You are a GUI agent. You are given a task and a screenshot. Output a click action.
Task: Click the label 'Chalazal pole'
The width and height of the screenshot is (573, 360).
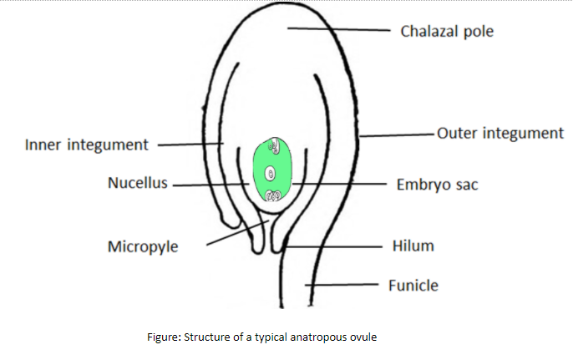(447, 32)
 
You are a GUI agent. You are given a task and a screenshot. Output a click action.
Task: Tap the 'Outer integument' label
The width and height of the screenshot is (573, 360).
(500, 134)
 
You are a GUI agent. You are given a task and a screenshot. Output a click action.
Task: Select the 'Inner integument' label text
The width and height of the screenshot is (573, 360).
(87, 145)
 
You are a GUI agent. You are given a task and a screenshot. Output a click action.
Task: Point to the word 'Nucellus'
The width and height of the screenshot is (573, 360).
(138, 183)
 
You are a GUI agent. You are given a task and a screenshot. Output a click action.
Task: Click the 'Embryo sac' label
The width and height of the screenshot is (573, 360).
(438, 185)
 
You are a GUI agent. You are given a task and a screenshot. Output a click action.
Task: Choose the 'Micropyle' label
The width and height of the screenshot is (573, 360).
(143, 247)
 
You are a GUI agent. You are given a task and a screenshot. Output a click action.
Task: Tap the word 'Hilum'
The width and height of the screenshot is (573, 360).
(413, 246)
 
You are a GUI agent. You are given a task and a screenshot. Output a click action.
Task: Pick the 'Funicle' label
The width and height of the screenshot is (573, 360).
(413, 286)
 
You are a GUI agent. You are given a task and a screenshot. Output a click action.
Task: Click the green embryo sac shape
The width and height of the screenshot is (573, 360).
(272, 170)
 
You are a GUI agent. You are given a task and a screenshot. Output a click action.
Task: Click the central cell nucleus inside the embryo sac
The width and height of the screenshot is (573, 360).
(270, 173)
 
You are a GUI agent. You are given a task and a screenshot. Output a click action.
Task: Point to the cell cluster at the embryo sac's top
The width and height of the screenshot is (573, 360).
(275, 145)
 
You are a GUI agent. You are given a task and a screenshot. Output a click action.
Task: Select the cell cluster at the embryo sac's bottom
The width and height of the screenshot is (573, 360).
(273, 196)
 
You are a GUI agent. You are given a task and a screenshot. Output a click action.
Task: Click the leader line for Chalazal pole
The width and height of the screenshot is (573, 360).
(339, 29)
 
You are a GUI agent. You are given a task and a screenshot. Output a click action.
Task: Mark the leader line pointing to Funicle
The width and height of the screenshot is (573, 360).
(342, 284)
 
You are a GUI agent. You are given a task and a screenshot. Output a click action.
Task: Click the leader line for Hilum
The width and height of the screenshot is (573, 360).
(332, 246)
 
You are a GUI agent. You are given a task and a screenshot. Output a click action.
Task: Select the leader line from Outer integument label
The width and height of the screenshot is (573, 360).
(397, 135)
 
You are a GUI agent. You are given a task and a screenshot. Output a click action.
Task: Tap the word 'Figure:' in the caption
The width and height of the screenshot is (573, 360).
(164, 337)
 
